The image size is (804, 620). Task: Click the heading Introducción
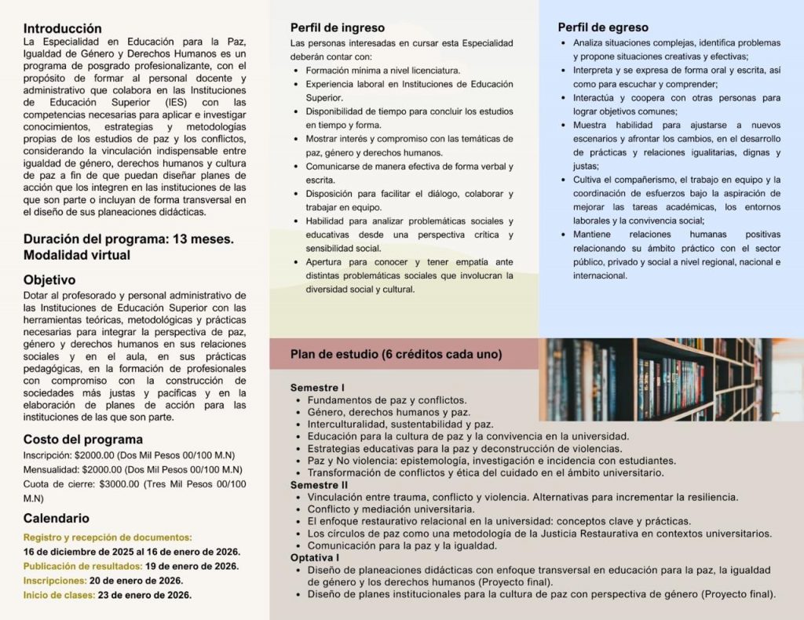[x=63, y=28]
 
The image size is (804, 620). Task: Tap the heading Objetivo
[x=49, y=279]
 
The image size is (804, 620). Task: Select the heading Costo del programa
[x=83, y=439]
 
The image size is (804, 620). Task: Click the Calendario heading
[x=57, y=518]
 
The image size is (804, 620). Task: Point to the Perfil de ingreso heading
[x=337, y=27]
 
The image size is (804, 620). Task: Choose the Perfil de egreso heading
[x=604, y=27]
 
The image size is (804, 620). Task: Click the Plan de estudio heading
[x=396, y=354]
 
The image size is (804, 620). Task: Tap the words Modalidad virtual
[x=77, y=255]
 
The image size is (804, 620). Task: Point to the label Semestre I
[x=317, y=388]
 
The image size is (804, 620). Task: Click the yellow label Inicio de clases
[x=59, y=594]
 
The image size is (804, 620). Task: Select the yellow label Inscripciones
[x=55, y=580]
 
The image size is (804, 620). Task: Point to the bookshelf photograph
[x=671, y=380]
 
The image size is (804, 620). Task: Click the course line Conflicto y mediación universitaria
[x=391, y=509]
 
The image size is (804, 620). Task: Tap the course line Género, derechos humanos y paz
[x=389, y=412]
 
